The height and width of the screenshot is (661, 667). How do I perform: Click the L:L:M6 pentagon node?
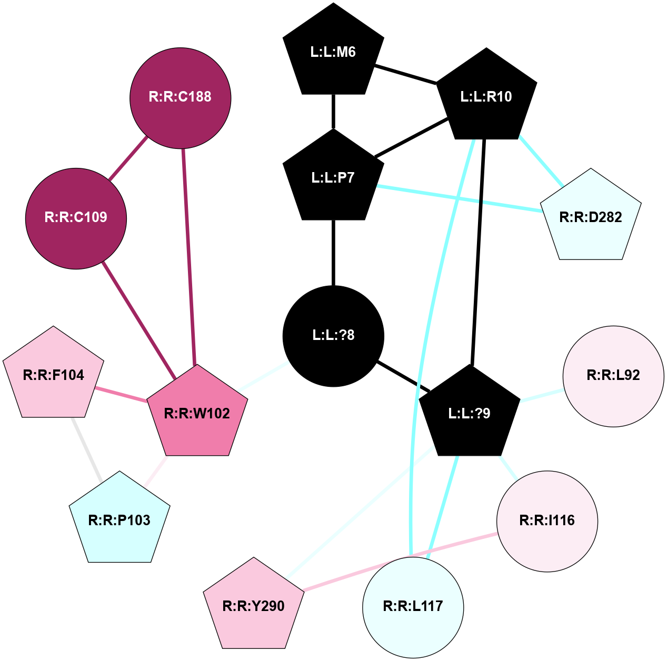[x=333, y=52]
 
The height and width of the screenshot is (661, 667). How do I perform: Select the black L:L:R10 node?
[x=486, y=97]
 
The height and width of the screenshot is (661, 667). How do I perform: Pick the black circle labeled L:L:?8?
[x=333, y=336]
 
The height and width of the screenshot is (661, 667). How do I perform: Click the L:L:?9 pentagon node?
[x=469, y=414]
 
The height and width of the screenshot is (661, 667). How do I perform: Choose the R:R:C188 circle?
[x=180, y=97]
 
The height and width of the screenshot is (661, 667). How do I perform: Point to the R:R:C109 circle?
[x=76, y=217]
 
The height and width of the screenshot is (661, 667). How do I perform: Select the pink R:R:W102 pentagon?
[x=197, y=414]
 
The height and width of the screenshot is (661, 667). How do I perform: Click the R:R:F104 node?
[x=54, y=375]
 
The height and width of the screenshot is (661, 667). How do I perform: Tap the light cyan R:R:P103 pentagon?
[x=120, y=520]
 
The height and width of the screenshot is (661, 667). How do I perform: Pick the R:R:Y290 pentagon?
[x=254, y=606]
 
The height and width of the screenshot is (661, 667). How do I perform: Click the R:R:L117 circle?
[x=413, y=607]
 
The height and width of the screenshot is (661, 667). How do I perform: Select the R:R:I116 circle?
[x=547, y=521]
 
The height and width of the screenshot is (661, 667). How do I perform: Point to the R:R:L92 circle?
[x=613, y=375]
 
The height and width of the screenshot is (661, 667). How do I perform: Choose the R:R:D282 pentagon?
[x=591, y=217]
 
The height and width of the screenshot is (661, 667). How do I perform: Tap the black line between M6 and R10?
[x=405, y=74]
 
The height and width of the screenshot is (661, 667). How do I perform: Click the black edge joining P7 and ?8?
[x=333, y=253]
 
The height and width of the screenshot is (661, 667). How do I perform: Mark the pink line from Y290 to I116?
[x=400, y=561]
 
